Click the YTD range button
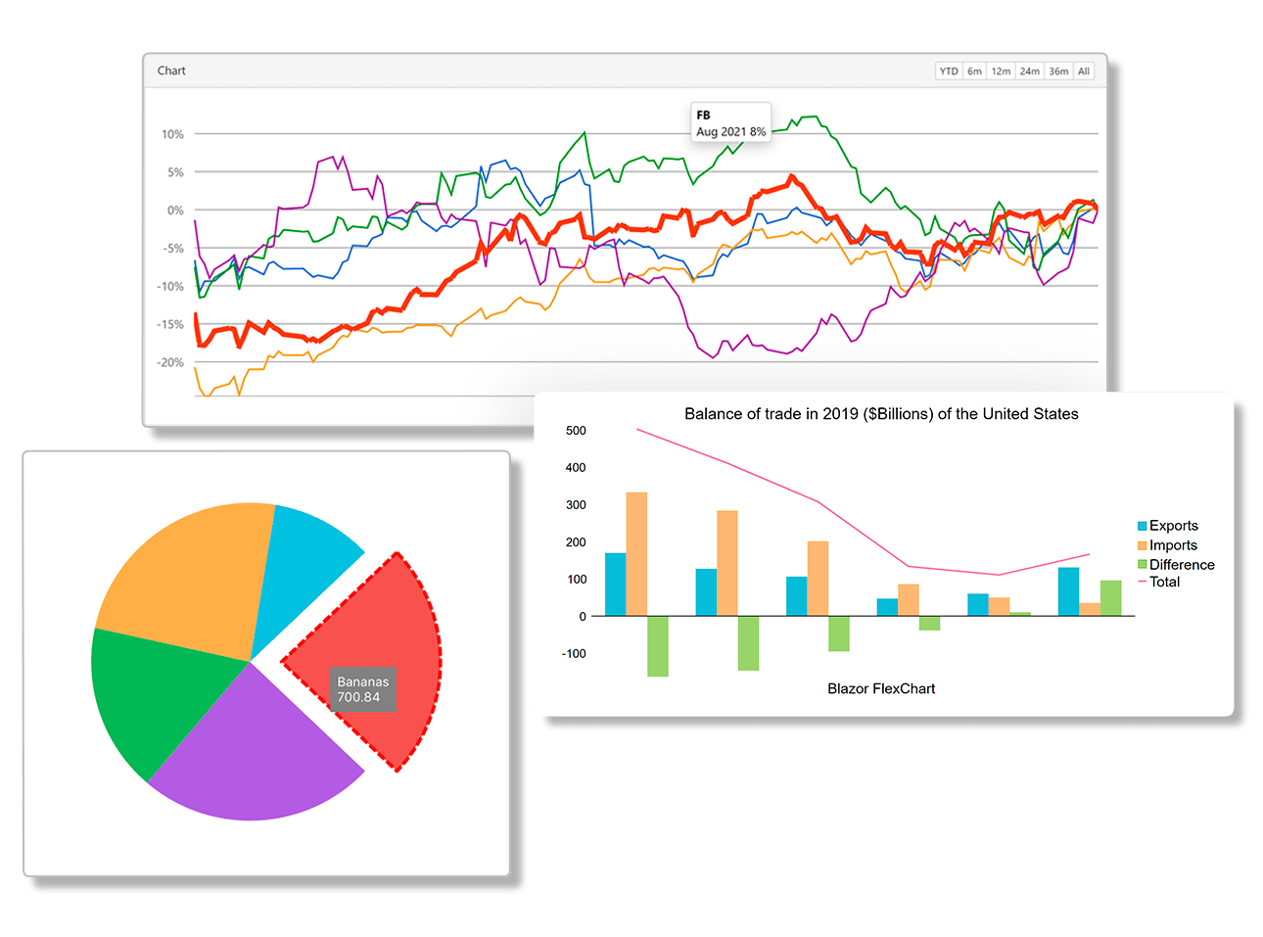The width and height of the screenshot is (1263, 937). pos(949,71)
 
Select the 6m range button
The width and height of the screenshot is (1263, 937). pos(974,71)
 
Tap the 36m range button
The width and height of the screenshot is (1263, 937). pos(1058,71)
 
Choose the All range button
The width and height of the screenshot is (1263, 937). pos(1084,71)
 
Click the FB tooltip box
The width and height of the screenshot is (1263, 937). pos(730,123)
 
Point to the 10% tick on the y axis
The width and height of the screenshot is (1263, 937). pos(172,134)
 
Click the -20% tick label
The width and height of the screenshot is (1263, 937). pos(170,362)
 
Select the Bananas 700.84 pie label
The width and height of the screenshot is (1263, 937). pos(363,689)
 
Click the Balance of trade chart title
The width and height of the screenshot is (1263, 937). pos(881,414)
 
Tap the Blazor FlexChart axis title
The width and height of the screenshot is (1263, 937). pos(881,688)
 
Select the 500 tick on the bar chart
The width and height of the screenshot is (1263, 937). pos(576,431)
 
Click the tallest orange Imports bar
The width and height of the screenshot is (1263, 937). pos(636,553)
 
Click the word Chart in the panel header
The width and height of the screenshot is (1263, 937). pos(171,70)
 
